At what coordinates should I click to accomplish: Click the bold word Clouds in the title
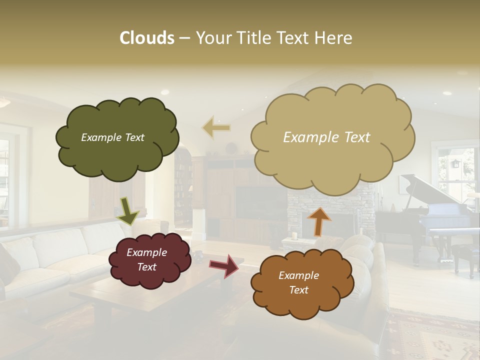[x=146, y=38]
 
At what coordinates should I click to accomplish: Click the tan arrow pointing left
[x=216, y=127]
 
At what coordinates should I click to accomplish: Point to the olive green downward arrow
[x=127, y=210]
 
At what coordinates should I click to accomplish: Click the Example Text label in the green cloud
[x=112, y=137]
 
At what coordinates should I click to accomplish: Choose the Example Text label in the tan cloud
[x=326, y=137]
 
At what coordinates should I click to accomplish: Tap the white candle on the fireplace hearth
[x=295, y=235]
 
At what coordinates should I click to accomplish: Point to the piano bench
[x=465, y=255]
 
